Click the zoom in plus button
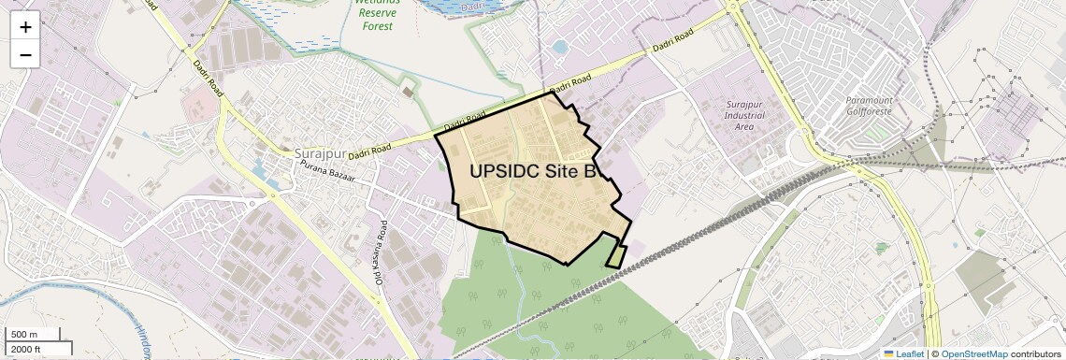pos(25,27)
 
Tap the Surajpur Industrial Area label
pos(744,113)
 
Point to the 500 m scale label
pos(24,335)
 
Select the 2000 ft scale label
pos(26,349)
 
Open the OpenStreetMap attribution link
pos(973,353)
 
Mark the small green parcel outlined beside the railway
pos(616,255)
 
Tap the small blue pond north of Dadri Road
pos(560,46)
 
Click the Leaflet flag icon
pos(888,353)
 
